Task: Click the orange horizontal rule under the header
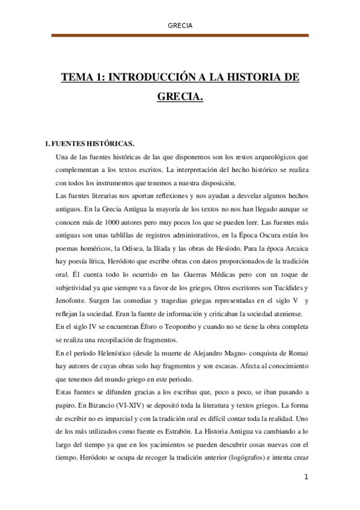[180, 35]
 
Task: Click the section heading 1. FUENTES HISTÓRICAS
[90, 144]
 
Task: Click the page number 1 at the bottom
[306, 478]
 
